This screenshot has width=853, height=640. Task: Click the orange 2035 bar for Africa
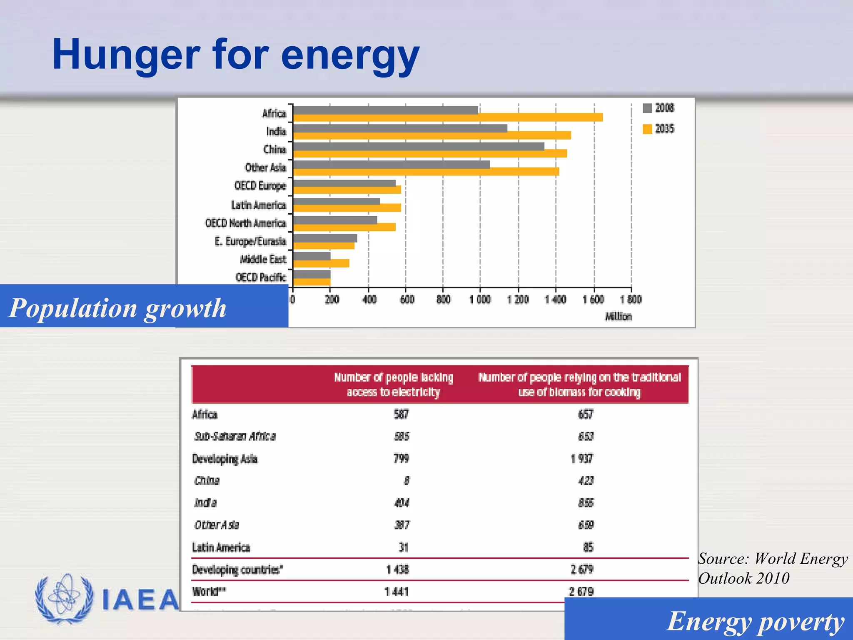448,117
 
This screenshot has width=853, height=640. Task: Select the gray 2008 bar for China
418,146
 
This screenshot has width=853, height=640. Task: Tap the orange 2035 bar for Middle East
321,263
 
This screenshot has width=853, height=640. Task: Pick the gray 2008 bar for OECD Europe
344,183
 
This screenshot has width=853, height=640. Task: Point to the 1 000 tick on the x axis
480,300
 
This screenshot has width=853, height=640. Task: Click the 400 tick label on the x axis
369,300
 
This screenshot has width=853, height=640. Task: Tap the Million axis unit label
618,317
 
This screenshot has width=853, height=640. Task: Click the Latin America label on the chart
259,205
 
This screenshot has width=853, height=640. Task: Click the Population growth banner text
117,308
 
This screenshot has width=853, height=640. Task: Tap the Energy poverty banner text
755,621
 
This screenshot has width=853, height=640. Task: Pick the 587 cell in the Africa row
401,414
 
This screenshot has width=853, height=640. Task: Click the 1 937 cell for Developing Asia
581,458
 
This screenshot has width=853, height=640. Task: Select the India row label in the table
205,502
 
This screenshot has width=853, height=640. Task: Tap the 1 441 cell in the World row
397,591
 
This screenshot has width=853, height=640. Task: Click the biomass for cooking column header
579,384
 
